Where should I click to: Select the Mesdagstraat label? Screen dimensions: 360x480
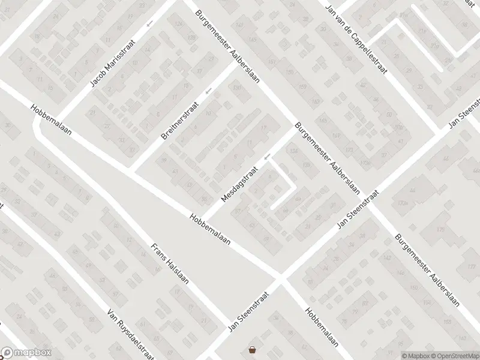click(238, 184)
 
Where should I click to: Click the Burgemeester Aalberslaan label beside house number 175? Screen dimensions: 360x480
click(427, 268)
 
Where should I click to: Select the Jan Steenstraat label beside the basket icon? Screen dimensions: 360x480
click(248, 309)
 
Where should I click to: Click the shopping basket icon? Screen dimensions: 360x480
click(253, 350)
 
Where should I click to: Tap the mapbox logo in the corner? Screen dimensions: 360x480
click(26, 353)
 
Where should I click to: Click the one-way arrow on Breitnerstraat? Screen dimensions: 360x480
click(208, 91)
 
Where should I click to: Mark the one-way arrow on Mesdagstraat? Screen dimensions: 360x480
click(268, 158)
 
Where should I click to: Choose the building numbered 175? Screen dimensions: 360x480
click(442, 230)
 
